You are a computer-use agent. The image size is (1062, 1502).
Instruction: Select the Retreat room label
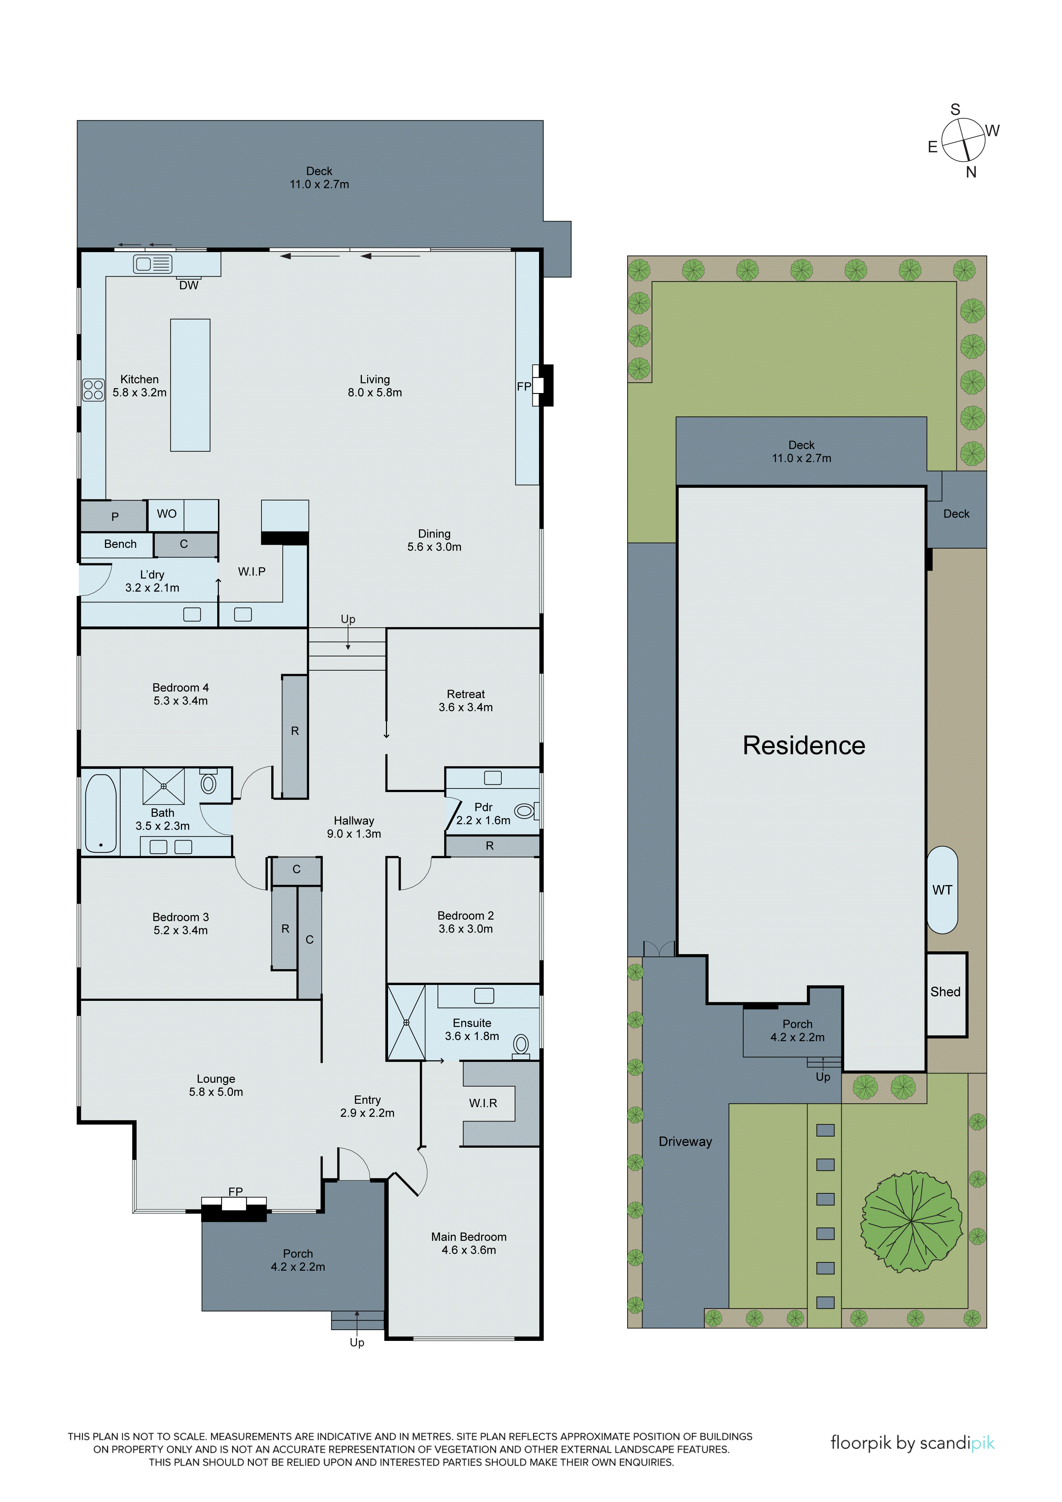(x=465, y=694)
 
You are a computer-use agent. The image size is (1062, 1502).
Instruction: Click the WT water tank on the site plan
(x=942, y=890)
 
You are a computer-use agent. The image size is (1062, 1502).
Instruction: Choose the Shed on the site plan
(x=946, y=992)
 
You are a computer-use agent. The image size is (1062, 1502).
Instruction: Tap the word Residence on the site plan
(x=804, y=745)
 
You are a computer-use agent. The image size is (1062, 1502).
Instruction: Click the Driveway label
(x=685, y=1141)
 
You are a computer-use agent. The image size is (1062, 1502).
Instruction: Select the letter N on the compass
(x=971, y=172)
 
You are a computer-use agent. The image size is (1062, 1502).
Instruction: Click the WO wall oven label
(x=167, y=514)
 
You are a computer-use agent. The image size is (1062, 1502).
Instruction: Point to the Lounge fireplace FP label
(x=235, y=1192)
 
